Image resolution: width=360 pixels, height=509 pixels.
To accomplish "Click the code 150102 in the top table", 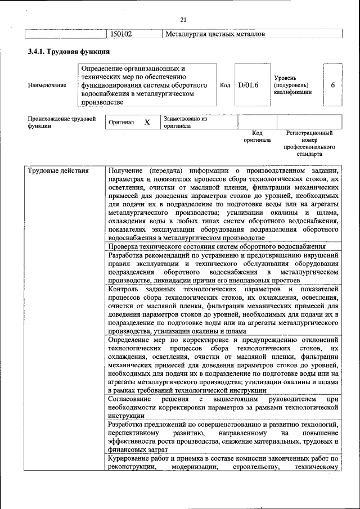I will pos(121,34).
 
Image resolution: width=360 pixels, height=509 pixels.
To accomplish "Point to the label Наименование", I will pos(47,85).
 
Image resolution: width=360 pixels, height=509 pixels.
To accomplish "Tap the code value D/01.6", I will pos(248,85).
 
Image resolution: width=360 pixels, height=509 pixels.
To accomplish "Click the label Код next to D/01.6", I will pos(225,85).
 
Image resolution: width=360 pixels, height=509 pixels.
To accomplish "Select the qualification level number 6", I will pos(333,85).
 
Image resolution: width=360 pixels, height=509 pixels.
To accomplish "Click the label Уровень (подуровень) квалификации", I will pos(292,85).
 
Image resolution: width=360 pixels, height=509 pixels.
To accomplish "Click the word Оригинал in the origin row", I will pos(121,122).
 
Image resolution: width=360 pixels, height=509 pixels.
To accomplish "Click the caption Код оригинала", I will pos(257,136).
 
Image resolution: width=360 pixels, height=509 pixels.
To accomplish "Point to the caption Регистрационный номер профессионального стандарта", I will pos(309,143).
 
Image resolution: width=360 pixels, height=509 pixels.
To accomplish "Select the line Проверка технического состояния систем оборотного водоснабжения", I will pos(217,246).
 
